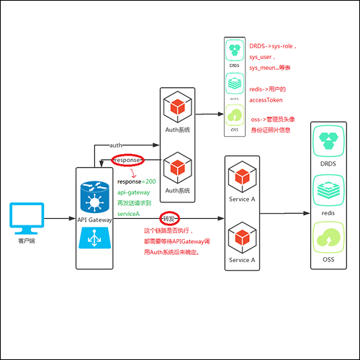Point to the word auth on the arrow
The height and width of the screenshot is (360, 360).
pos(116,145)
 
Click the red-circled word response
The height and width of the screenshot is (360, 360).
pos(127,160)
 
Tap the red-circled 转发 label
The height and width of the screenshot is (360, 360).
pos(168,217)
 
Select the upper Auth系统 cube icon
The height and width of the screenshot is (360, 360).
pos(177,109)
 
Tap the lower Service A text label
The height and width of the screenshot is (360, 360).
pos(241,260)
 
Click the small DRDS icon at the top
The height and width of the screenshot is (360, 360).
pos(233,52)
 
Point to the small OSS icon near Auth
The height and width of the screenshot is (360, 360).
pos(233,115)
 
